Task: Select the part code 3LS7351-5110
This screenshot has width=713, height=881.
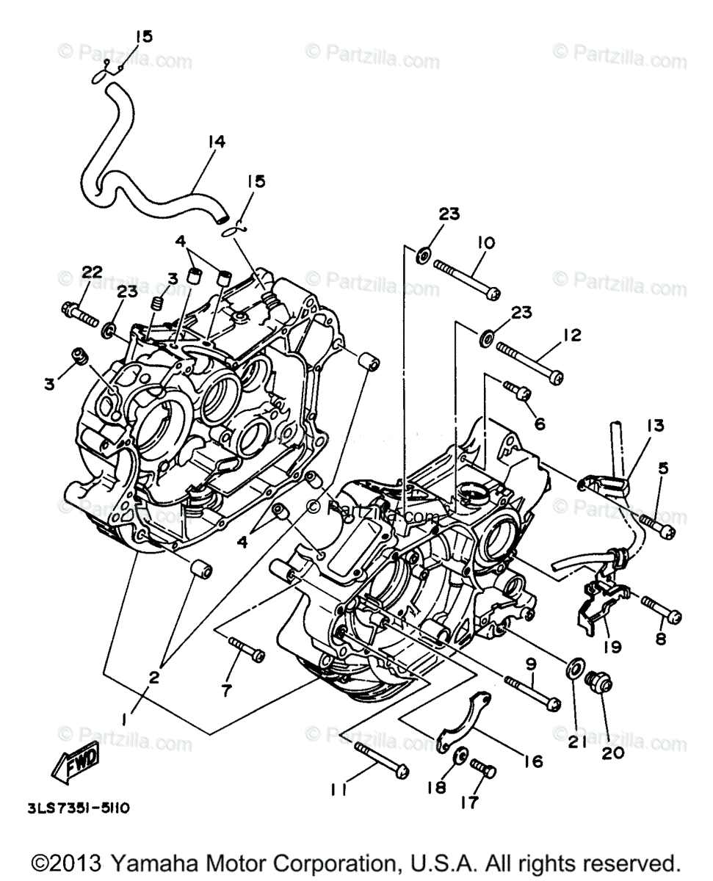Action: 81,808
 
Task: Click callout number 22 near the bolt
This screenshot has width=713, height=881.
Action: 91,273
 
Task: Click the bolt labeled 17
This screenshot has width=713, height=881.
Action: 482,769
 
